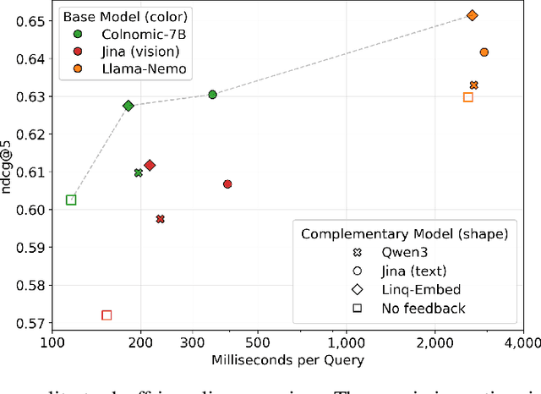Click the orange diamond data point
click(x=473, y=15)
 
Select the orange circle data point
click(x=484, y=52)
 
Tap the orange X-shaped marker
click(x=474, y=85)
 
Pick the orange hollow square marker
click(x=468, y=97)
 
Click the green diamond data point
click(x=128, y=106)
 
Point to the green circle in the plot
click(x=213, y=95)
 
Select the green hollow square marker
click(x=71, y=200)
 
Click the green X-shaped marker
click(x=139, y=172)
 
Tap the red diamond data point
click(x=150, y=166)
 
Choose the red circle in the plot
click(x=227, y=184)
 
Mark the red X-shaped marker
click(x=160, y=219)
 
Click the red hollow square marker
click(x=107, y=315)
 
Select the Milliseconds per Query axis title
click(x=288, y=361)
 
